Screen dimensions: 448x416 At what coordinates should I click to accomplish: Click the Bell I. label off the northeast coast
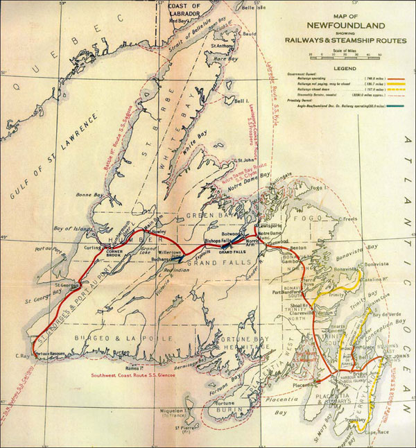click(241, 101)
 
